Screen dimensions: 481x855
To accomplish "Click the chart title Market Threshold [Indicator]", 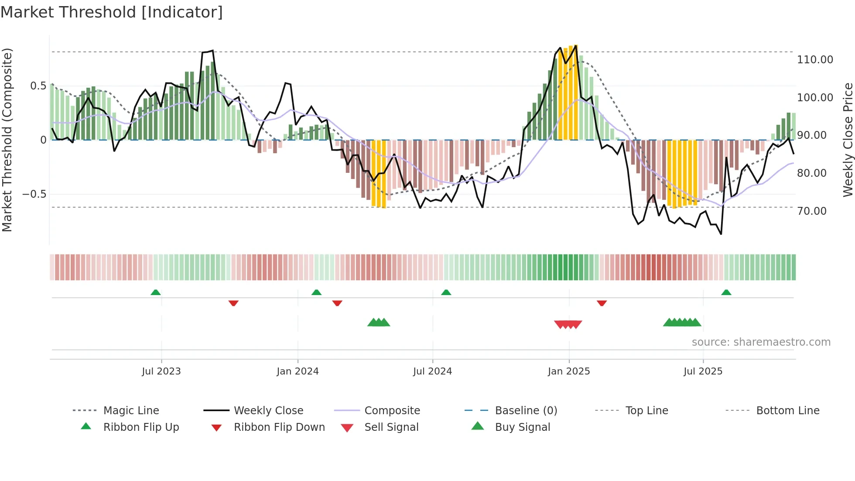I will [x=112, y=12].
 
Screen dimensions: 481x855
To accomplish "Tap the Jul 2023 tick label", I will [x=161, y=371].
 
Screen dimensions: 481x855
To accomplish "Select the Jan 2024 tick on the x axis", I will [x=298, y=371].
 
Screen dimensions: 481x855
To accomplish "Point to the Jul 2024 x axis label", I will [x=432, y=371].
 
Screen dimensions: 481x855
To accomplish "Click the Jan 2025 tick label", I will [x=569, y=371].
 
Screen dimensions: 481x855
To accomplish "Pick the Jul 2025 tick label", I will [x=703, y=371].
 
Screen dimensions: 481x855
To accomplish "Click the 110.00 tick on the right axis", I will [x=815, y=60].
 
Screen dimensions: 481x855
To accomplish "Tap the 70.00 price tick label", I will [x=811, y=211].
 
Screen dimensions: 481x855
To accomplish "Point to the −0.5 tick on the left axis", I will [x=34, y=194].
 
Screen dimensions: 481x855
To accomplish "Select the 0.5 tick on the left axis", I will [x=38, y=86].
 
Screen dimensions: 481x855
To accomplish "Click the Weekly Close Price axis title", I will [x=848, y=140].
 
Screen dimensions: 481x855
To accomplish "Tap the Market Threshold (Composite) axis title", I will [x=7, y=140].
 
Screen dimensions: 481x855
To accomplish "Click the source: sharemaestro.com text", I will [x=761, y=342].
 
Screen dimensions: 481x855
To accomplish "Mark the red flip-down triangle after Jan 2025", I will [x=602, y=303].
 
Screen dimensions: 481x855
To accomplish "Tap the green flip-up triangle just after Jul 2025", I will [x=726, y=292].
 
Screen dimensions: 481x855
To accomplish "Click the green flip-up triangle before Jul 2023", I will [x=155, y=292].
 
